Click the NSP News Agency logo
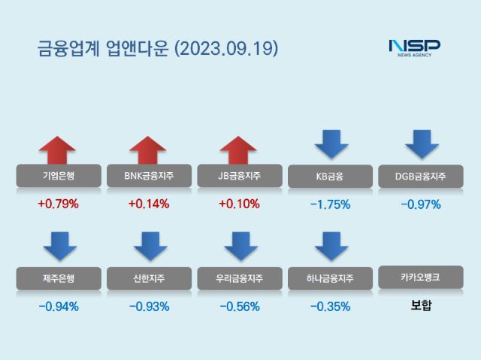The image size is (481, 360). click(414, 47)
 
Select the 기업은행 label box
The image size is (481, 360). click(58, 177)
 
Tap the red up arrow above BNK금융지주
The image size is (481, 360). click(148, 150)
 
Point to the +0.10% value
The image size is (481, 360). click(239, 204)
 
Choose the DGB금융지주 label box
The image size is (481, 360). click(420, 177)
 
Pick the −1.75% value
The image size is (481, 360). click(330, 204)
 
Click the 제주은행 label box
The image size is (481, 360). click(58, 279)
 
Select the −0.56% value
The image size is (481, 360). click(239, 306)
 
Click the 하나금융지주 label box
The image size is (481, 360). click(330, 279)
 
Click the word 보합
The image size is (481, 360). click(420, 306)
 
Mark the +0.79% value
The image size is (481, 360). click(58, 204)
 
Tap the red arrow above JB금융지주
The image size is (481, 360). click(239, 150)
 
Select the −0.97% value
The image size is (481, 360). click(420, 204)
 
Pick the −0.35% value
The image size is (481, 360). click(330, 306)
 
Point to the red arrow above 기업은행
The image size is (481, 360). click(58, 150)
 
